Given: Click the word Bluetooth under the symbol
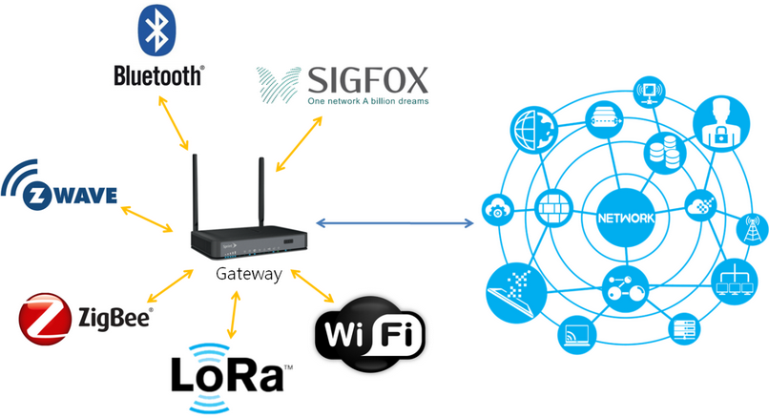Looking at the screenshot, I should (x=157, y=75).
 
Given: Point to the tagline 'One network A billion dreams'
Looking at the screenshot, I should (x=368, y=100).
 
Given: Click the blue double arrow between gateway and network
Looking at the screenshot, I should (x=395, y=223).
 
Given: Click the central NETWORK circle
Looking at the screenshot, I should (x=625, y=217).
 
